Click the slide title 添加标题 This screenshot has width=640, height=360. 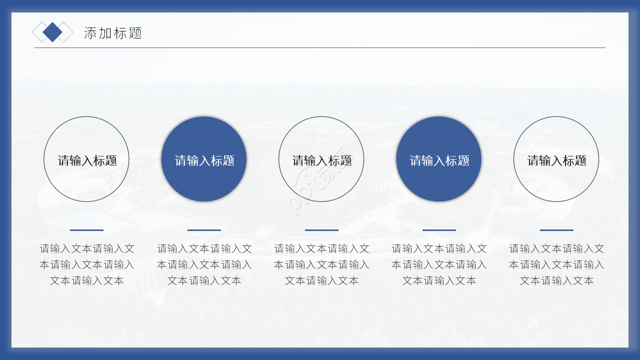coord(113,33)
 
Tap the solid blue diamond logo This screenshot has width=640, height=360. coord(52,32)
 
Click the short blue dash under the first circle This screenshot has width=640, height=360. coord(86,230)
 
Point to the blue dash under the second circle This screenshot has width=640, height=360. coord(204,230)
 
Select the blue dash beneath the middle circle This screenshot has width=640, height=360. coord(321,230)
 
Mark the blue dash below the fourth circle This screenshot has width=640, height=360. coord(439,230)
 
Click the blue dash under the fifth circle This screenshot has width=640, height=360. coord(556,230)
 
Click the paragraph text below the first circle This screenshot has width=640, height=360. coord(86,264)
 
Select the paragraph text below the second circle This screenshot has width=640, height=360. coord(204,264)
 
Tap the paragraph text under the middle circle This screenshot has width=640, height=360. coord(321,264)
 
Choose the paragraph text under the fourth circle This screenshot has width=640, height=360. coord(439,264)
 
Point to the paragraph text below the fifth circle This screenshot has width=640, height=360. coord(556,264)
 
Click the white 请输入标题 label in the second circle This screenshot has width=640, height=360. coord(204,160)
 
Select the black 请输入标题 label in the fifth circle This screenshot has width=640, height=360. coord(556,160)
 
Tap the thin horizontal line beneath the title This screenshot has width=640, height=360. coord(320,47)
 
